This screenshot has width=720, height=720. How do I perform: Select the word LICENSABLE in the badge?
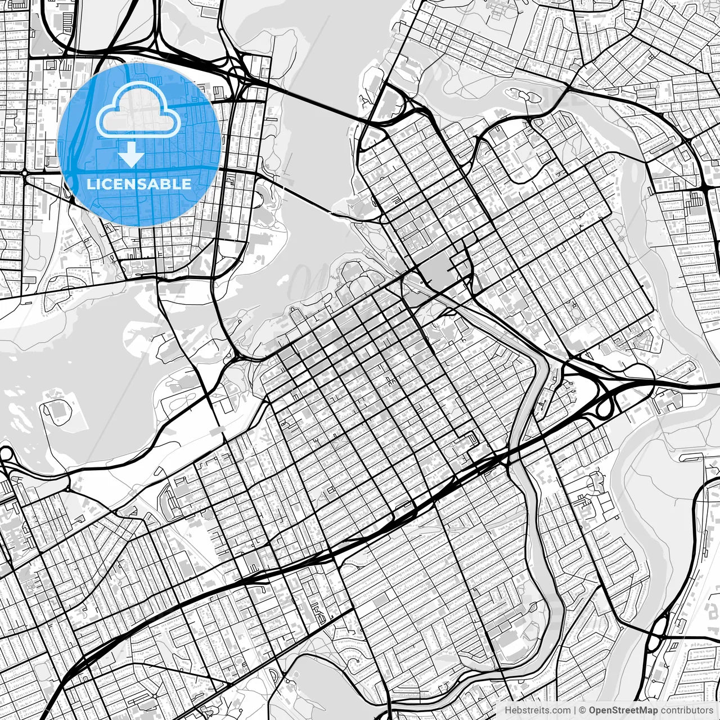click(x=139, y=184)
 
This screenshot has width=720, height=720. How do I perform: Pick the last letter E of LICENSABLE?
click(x=186, y=184)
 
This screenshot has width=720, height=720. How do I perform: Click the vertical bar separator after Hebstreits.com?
click(x=575, y=710)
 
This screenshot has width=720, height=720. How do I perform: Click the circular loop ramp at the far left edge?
click(x=6, y=453)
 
